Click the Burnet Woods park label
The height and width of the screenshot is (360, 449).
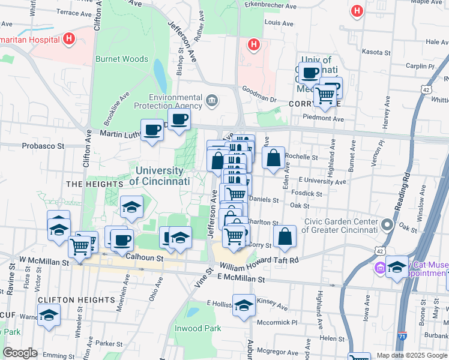pyautogui.click(x=122, y=59)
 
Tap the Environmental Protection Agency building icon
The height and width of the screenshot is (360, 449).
pyautogui.click(x=211, y=100)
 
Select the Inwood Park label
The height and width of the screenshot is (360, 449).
pyautogui.click(x=198, y=328)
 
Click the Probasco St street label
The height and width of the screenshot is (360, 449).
pyautogui.click(x=43, y=146)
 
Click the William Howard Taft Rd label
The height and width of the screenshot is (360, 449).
pyautogui.click(x=259, y=261)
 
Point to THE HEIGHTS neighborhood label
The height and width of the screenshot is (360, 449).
pyautogui.click(x=90, y=184)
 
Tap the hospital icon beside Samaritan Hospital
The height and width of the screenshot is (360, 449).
pyautogui.click(x=69, y=40)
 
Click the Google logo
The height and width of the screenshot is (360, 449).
pyautogui.click(x=20, y=353)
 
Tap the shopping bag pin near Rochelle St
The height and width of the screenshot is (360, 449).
pyautogui.click(x=274, y=158)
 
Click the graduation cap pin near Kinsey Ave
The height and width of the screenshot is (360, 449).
pyautogui.click(x=244, y=305)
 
